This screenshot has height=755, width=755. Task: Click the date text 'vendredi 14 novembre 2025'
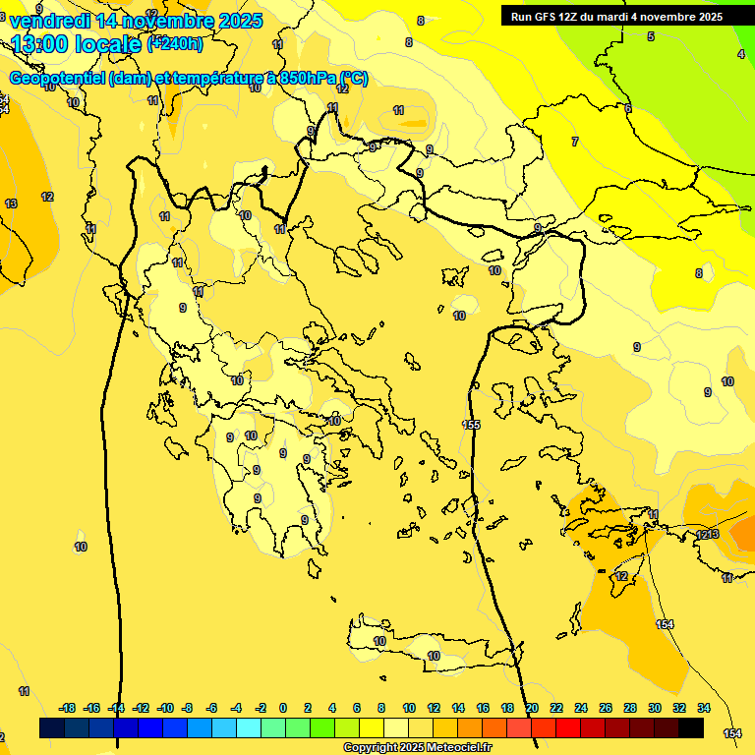coord(136,21)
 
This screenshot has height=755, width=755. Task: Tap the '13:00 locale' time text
coord(77,44)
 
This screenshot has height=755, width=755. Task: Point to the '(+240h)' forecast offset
coord(175,43)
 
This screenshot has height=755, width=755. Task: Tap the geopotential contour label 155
coord(472,424)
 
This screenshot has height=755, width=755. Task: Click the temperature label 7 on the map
coord(575,142)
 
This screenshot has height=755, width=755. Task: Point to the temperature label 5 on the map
coord(650,36)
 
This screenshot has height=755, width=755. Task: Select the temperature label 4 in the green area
coord(740,54)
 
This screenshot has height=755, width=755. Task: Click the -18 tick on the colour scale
coord(68,708)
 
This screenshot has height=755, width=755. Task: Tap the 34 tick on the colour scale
coord(704,708)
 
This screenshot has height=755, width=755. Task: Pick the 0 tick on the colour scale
coord(284,708)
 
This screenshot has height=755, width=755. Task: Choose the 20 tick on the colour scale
coord(532,708)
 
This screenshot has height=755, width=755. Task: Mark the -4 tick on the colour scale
coord(236,708)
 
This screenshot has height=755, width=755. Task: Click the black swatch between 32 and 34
coord(691,727)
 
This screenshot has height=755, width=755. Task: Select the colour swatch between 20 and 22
coord(544,727)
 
